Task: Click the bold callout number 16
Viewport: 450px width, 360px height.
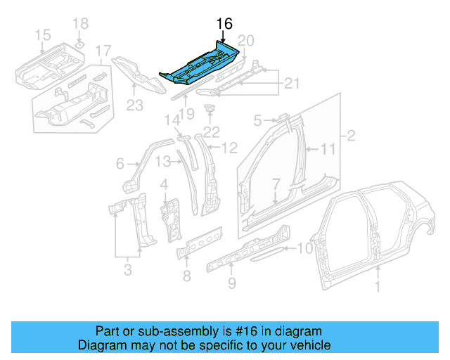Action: coord(224,25)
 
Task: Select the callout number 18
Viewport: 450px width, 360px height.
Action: coord(81,23)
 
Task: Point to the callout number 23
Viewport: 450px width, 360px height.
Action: coord(134,107)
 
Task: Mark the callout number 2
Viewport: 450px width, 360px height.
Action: coord(349,134)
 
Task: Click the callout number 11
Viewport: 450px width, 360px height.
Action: coord(329,148)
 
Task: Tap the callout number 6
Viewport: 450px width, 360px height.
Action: coord(121,164)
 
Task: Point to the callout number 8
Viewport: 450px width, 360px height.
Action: coord(186,276)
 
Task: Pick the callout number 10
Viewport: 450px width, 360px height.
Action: coord(302,247)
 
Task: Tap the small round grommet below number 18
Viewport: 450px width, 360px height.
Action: coord(80,45)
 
